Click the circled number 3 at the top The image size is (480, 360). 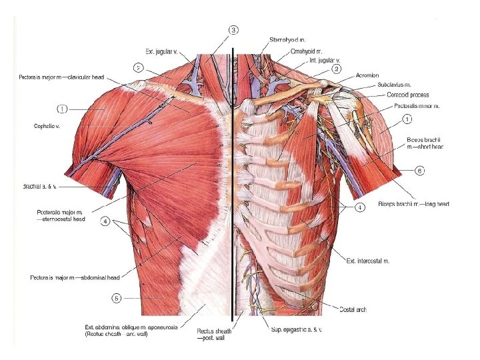pos(233,30)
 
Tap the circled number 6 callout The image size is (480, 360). pos(419,171)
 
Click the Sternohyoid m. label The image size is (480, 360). pos(288,41)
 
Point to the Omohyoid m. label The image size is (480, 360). pos(307,51)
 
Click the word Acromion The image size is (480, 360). pos(371,75)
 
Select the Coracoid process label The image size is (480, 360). pos(408,95)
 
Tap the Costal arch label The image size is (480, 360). pos(353,309)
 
